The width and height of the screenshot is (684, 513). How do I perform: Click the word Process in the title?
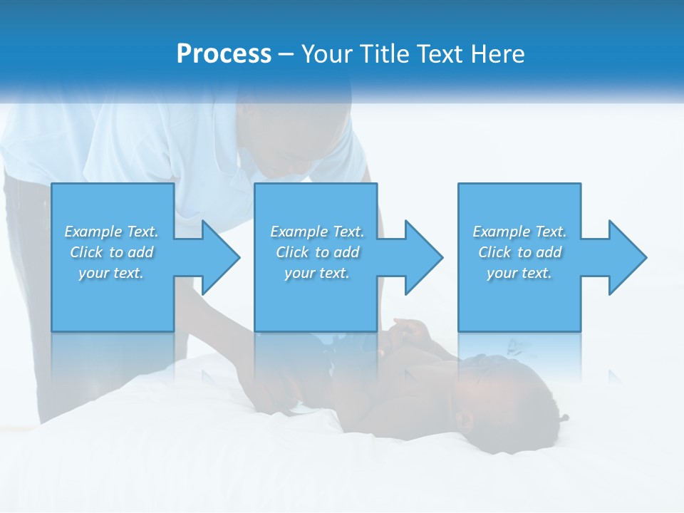tap(224, 54)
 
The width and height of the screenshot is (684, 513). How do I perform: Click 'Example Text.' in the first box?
tap(112, 232)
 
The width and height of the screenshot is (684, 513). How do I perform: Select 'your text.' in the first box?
tap(112, 273)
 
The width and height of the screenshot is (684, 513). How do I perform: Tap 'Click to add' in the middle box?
tap(317, 252)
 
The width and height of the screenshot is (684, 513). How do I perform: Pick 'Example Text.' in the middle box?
tap(317, 232)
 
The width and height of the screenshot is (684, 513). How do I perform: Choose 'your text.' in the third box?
tap(519, 273)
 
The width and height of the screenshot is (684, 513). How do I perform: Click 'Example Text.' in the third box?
tap(519, 232)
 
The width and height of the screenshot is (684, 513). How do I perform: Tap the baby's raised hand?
tap(410, 331)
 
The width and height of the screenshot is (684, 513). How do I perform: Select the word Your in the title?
tap(326, 54)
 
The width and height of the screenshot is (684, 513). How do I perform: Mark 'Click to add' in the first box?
tap(112, 252)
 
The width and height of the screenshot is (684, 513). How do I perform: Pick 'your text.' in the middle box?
tap(317, 273)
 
